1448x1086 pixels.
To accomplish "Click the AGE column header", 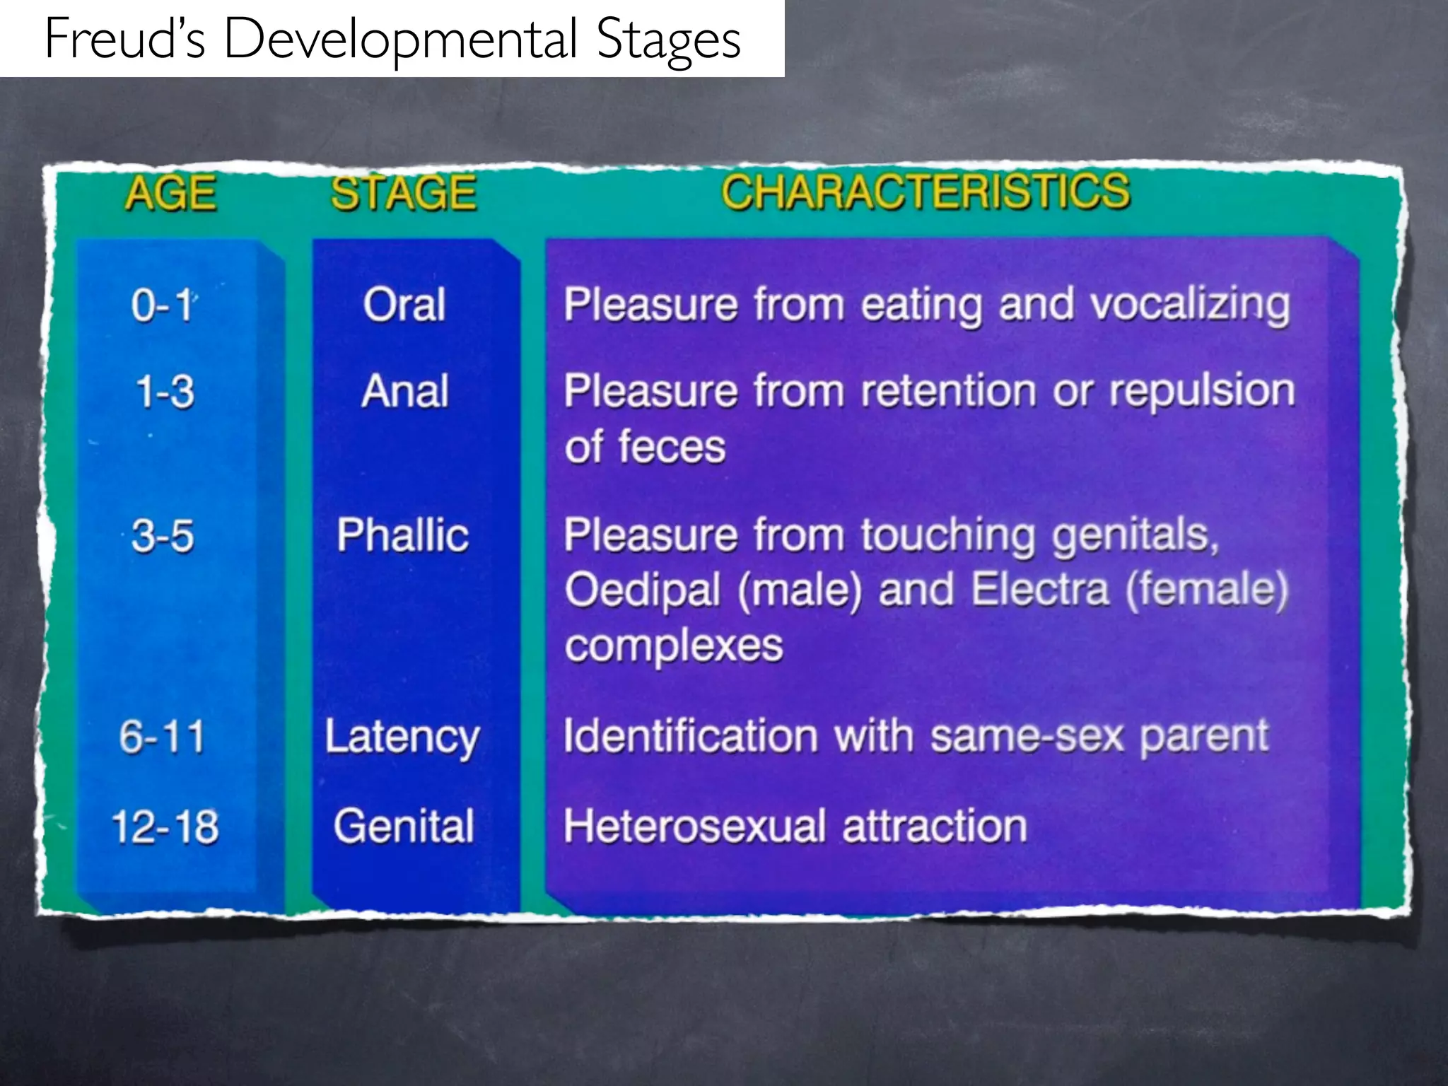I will (170, 193).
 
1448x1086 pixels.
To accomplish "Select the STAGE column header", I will (404, 193).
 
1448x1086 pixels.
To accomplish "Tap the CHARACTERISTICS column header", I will (925, 192).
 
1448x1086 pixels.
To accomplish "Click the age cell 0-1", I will (162, 305).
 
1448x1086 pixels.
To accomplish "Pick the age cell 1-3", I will (164, 392).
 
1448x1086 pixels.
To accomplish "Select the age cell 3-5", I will (162, 535).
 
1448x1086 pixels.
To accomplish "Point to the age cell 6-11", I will (162, 737).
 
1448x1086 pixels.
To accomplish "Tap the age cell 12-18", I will (165, 827).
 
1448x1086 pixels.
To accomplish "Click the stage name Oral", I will (404, 305).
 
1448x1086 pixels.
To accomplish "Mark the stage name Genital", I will (403, 826).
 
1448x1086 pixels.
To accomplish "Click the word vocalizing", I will (1189, 306).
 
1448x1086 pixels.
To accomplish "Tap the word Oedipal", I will (642, 590).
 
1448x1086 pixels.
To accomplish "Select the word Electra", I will (1039, 590).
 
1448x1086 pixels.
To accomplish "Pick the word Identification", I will (690, 736).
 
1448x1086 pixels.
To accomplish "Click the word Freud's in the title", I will (124, 39).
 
